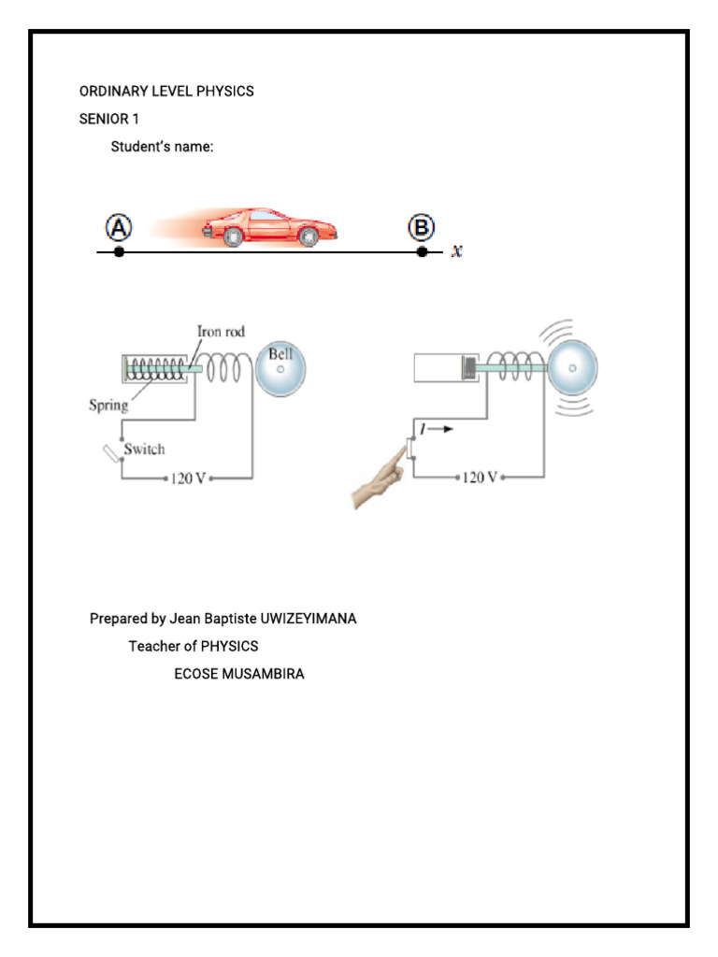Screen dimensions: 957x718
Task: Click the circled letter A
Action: tap(119, 228)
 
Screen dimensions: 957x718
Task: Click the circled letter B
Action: tap(422, 228)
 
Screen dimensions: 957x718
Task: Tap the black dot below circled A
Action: tap(119, 252)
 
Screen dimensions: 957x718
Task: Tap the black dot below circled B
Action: tap(423, 252)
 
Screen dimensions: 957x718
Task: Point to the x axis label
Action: tap(457, 250)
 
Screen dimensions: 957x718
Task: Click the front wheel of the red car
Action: tap(308, 238)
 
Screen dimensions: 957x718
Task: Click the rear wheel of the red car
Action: tap(233, 238)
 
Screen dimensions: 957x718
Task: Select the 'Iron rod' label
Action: tap(221, 331)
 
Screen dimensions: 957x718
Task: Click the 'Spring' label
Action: tap(108, 406)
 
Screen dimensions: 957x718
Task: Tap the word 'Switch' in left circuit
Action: tap(145, 450)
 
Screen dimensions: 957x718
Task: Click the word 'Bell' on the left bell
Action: tap(280, 354)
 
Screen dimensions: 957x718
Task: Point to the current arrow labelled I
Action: tap(440, 431)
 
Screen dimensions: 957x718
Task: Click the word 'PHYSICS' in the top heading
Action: tap(224, 92)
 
